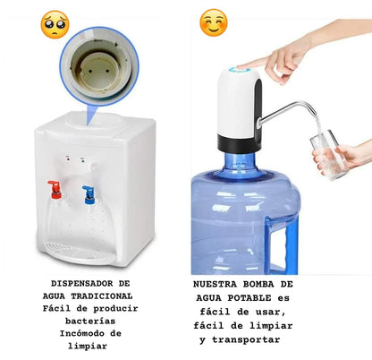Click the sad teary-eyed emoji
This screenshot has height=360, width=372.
click(55, 24)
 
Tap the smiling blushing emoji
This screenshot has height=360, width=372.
click(214, 22)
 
